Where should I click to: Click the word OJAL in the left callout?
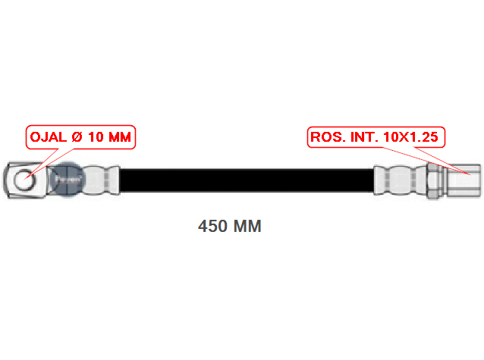pos(49,137)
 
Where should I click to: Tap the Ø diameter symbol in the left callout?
pos(77,137)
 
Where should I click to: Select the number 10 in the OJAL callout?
pos(96,137)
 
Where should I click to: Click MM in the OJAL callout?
pos(119,137)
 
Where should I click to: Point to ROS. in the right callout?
pos(328,137)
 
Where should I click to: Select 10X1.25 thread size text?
pos(410,137)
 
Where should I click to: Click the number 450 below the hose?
pos(213,226)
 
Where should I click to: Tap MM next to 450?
pos(247,226)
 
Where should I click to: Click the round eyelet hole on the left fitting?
pos(24,180)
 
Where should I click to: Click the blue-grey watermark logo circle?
pos(68,179)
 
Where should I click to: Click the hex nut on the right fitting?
pos(434,181)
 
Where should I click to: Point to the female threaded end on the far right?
pos(463,181)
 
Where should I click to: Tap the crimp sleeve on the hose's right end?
pos(400,181)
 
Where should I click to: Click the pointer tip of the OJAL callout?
pos(24,180)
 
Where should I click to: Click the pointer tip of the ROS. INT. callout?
pos(470,175)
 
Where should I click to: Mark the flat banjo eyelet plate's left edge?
pos(5,180)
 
